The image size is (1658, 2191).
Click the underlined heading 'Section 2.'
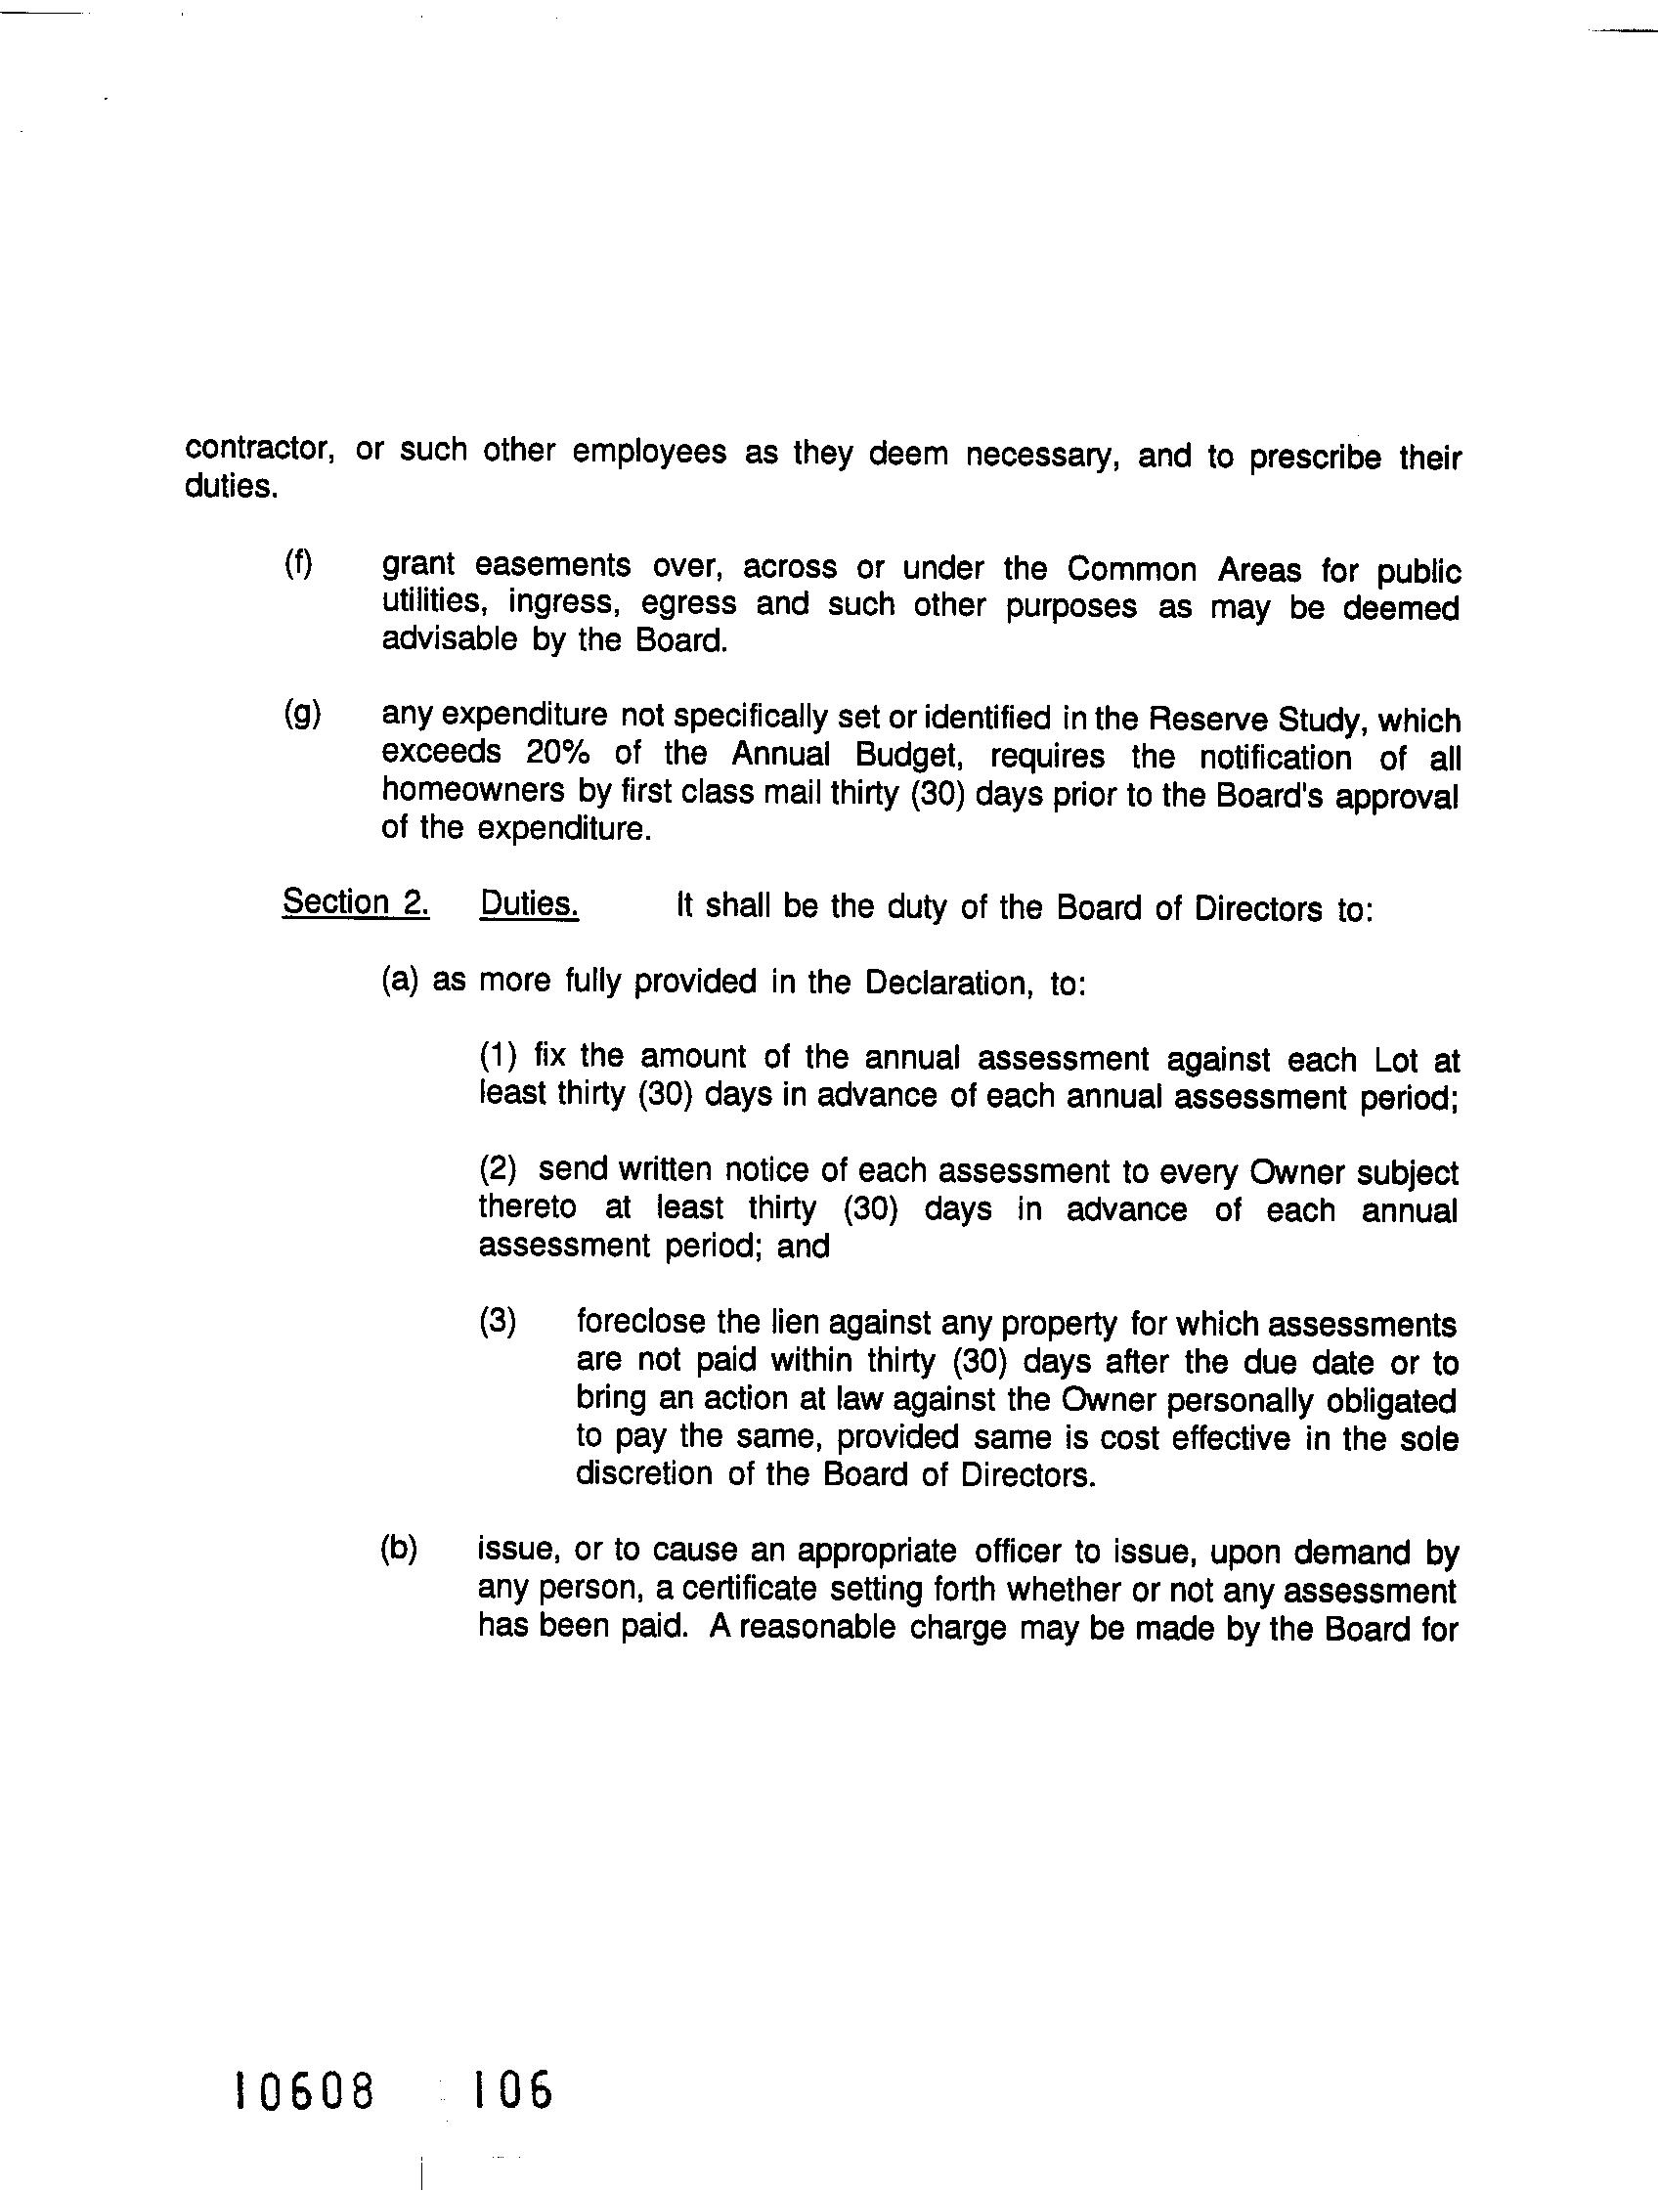point(356,902)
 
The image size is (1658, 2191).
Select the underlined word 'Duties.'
point(529,904)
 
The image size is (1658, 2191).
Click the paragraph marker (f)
point(298,564)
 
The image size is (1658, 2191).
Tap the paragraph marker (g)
point(302,715)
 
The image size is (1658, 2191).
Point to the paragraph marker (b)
point(399,1551)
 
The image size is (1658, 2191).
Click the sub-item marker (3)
point(498,1323)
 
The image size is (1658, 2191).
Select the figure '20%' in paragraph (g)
point(557,753)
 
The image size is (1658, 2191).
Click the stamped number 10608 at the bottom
point(304,2093)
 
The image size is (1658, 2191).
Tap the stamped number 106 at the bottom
point(511,2093)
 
